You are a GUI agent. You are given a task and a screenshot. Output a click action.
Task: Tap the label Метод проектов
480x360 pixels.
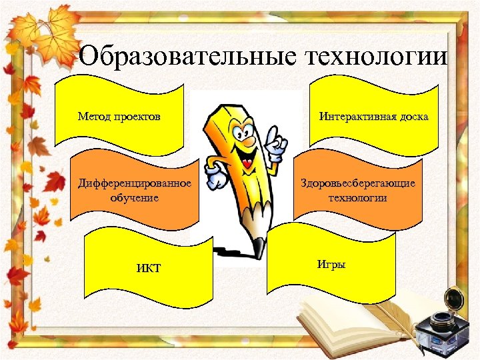(119, 117)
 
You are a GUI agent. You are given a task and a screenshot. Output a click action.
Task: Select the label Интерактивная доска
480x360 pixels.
(373, 117)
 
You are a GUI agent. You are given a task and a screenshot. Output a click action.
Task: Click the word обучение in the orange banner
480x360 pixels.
(135, 197)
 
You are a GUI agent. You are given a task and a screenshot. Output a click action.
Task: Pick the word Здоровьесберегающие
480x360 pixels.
(358, 183)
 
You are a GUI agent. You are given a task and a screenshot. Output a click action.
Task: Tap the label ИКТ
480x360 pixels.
(148, 269)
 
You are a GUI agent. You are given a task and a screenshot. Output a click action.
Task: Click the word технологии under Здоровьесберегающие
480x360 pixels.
(358, 197)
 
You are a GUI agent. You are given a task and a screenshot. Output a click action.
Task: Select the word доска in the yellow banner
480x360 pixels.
(413, 117)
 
